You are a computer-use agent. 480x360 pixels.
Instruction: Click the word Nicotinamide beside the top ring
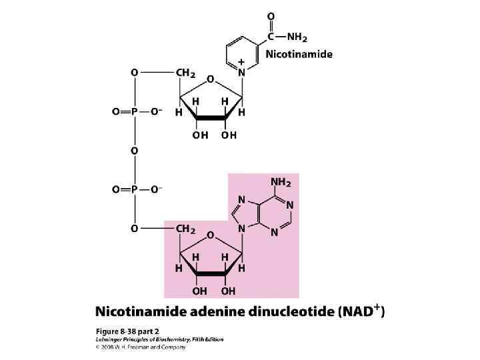tap(299, 54)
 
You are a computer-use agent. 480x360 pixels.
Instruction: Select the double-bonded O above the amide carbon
tap(270, 15)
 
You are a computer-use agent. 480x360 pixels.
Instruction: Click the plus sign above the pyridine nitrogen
tap(241, 61)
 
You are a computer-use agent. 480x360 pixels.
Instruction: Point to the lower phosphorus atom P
tap(134, 190)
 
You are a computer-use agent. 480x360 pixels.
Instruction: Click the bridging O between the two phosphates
tap(134, 151)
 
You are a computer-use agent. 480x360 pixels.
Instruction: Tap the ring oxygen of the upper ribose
tap(210, 79)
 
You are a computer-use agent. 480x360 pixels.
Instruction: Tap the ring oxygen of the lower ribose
tap(210, 236)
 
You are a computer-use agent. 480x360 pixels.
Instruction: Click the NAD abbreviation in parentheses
tap(360, 311)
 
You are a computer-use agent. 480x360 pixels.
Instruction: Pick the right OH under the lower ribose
tap(228, 291)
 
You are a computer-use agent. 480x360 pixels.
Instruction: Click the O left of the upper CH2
tap(134, 71)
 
